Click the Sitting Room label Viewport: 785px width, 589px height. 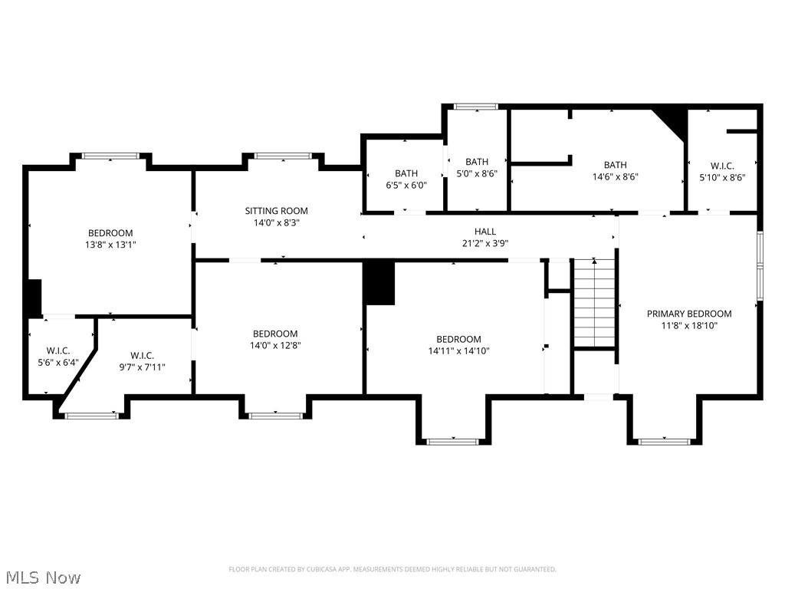point(276,211)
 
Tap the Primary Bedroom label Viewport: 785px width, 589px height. point(688,314)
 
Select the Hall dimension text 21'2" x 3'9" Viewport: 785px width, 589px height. point(484,243)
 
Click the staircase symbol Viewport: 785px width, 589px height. point(595,303)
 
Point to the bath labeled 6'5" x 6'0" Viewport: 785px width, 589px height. point(406,179)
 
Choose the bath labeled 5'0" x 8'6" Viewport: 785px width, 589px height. point(477,167)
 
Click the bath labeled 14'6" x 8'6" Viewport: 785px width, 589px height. point(615,170)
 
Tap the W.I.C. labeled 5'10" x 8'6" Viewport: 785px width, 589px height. point(722,171)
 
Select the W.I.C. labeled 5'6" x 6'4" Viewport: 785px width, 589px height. point(58,357)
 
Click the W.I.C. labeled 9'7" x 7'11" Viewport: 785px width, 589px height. point(142,360)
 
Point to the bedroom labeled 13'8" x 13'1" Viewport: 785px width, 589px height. point(110,239)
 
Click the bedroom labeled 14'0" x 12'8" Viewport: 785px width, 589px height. point(275,339)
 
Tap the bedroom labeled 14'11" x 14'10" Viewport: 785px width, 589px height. point(458,345)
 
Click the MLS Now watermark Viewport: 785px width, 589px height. point(42,577)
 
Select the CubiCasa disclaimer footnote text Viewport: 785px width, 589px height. point(392,569)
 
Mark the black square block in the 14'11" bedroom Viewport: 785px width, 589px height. point(379,282)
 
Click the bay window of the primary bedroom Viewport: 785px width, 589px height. point(664,441)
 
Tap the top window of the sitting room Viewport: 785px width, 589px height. point(282,156)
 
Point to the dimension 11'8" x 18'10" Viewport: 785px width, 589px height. point(688,325)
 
